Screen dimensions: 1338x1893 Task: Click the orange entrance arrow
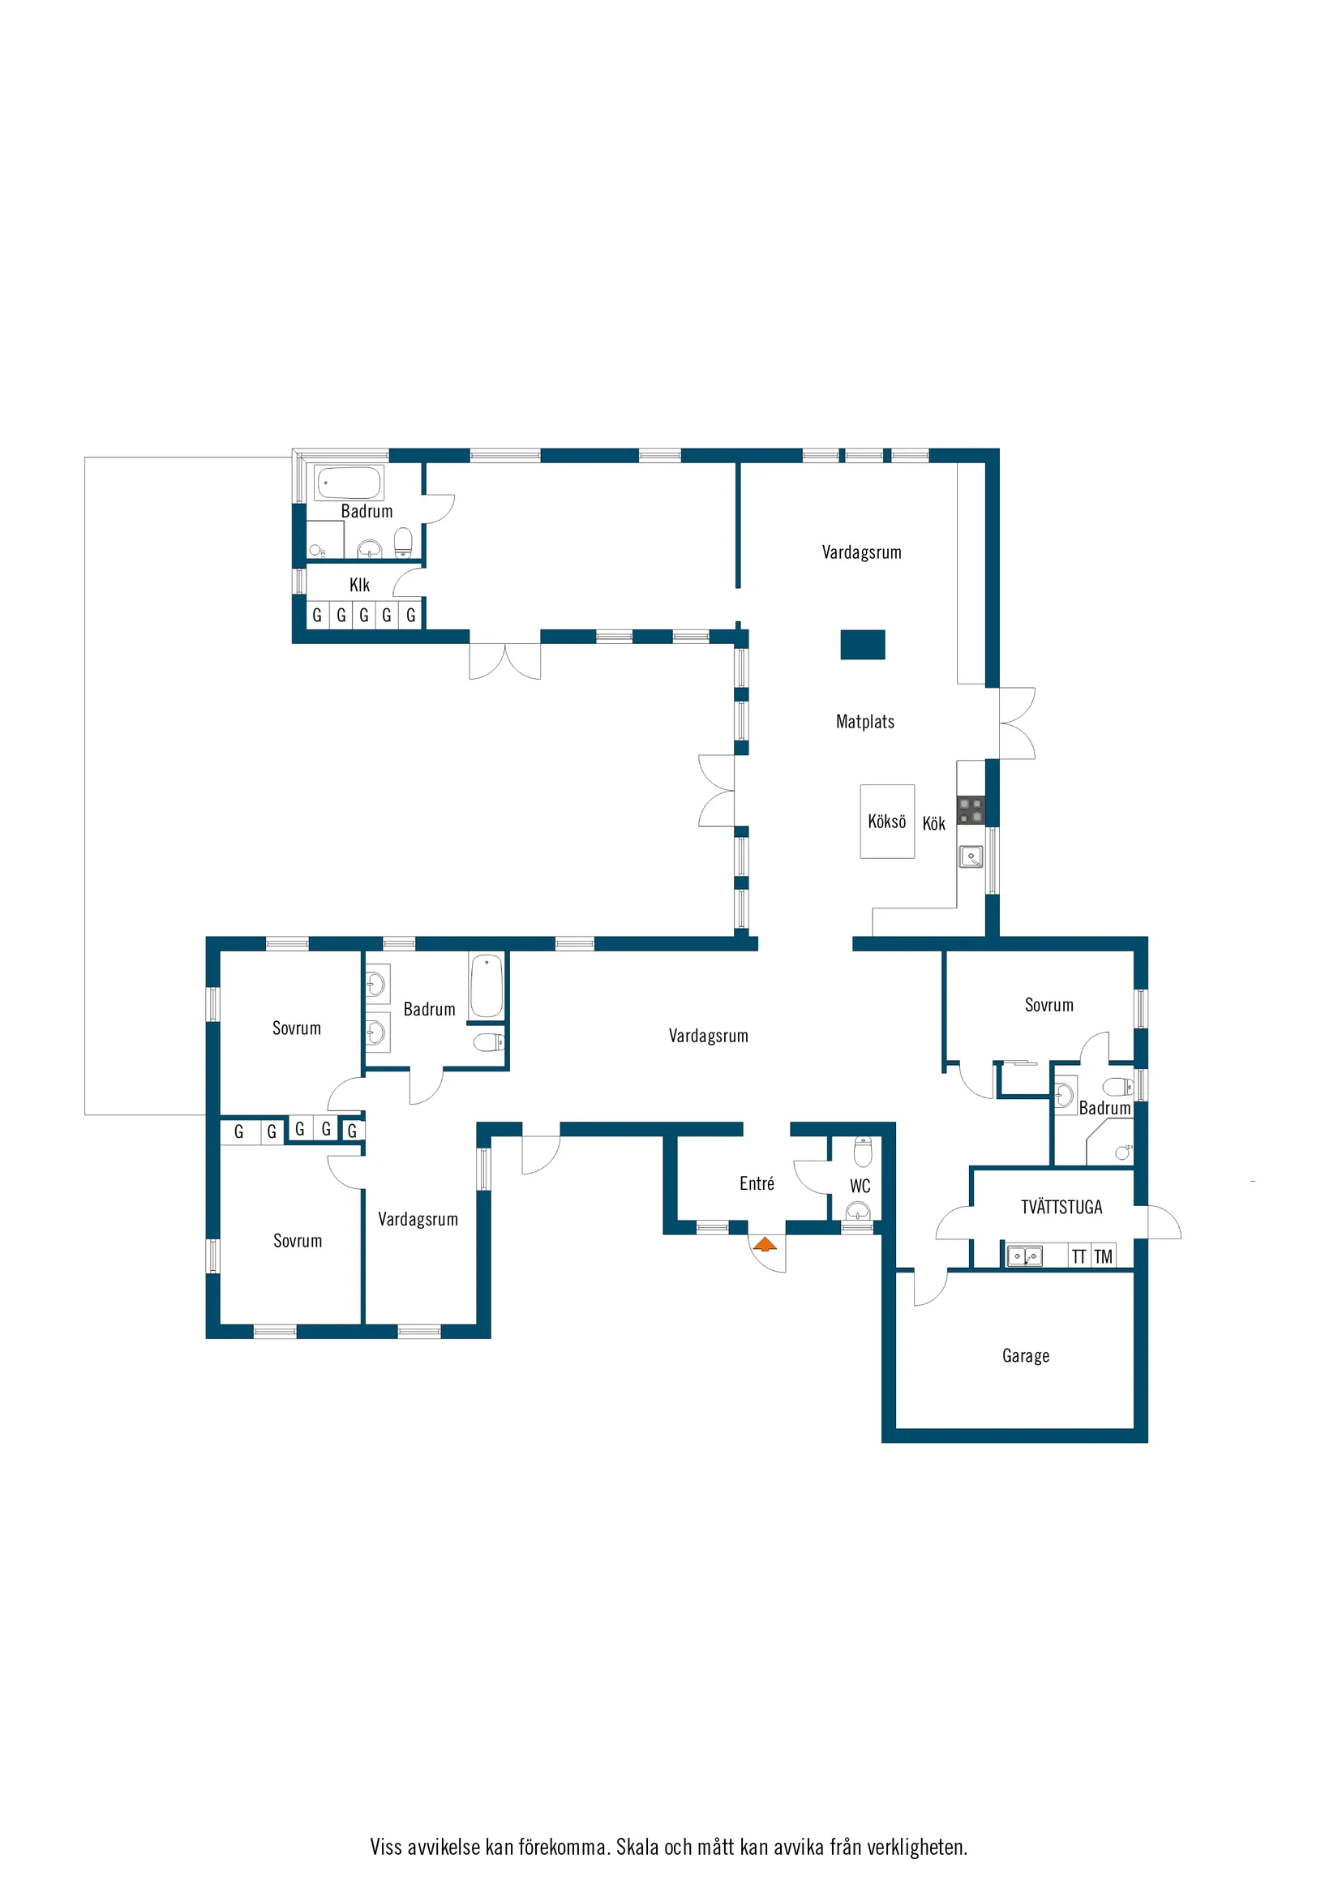tap(765, 1244)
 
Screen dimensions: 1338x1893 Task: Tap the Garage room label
tap(1026, 1356)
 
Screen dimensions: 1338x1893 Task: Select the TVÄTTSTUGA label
tap(1061, 1207)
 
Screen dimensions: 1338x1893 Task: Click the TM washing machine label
tap(1103, 1256)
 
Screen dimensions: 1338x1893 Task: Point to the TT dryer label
tap(1079, 1256)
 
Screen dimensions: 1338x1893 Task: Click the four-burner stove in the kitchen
tap(971, 810)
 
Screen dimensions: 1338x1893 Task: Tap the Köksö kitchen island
tap(887, 821)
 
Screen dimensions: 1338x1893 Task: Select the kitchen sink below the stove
tap(971, 856)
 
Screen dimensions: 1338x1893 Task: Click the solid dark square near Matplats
tap(862, 645)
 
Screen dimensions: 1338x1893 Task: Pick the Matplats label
tap(864, 721)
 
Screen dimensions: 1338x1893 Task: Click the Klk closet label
tap(359, 585)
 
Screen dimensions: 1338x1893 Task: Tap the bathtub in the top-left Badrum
tap(349, 483)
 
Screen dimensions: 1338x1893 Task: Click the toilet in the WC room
tap(862, 1152)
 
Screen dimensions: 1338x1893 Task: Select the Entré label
tap(757, 1183)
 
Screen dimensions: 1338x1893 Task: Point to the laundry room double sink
tap(1025, 1256)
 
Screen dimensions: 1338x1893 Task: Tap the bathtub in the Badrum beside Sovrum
tap(487, 986)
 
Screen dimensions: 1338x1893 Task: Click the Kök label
tap(933, 823)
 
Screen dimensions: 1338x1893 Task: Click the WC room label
tap(860, 1186)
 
